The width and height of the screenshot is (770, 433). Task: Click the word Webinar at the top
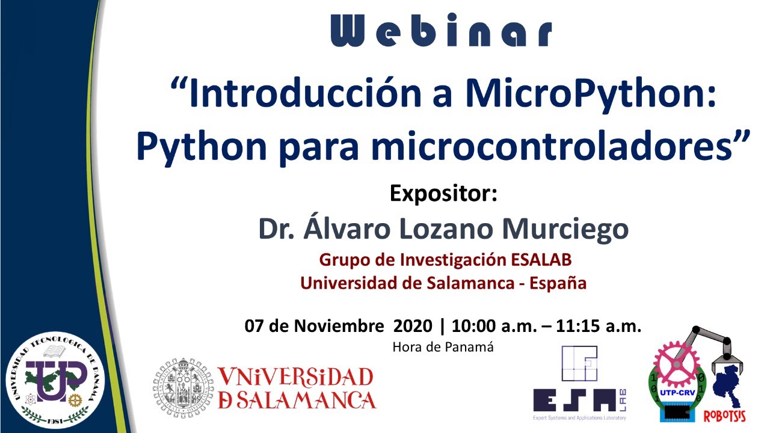441,30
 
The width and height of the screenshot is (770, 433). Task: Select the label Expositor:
443,194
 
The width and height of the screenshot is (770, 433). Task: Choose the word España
558,283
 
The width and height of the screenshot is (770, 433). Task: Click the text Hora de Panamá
443,347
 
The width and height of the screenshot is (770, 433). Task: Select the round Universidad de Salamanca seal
182,388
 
